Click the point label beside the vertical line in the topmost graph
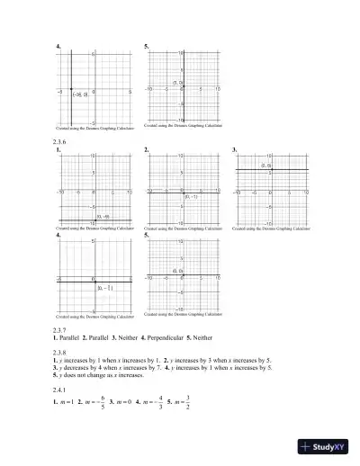click(79, 94)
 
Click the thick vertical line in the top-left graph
click(72, 72)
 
